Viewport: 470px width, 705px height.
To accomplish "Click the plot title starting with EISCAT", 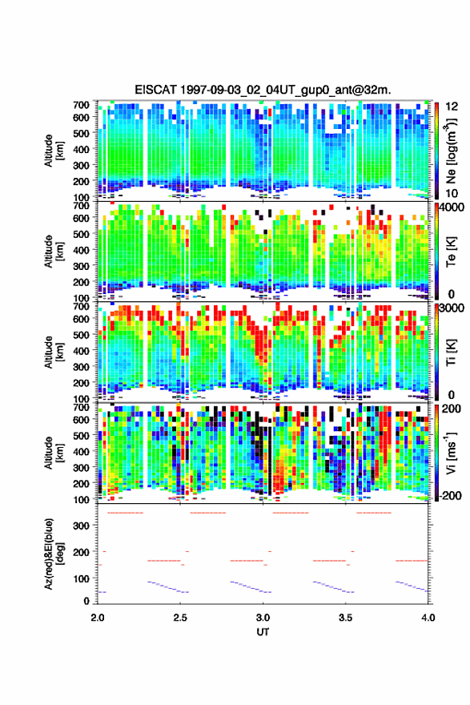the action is click(x=263, y=90).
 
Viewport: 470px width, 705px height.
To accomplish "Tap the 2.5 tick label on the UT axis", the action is click(x=180, y=618).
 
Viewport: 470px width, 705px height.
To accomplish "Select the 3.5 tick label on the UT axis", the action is click(x=346, y=618).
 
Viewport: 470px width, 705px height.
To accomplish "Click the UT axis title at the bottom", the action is click(x=263, y=632).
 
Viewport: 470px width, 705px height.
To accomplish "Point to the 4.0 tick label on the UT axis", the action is click(x=428, y=618).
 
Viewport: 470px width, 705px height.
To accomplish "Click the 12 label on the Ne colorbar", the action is click(x=452, y=107).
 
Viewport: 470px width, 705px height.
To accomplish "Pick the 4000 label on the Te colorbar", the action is click(x=455, y=207).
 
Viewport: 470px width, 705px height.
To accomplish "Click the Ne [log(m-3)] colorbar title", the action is click(x=451, y=151).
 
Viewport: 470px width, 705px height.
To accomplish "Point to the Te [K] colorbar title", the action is click(x=451, y=252).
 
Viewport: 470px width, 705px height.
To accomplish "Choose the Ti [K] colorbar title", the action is click(x=451, y=352).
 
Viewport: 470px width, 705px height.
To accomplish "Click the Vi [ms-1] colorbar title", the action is click(x=451, y=453).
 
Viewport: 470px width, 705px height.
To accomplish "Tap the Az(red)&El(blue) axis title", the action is click(x=54, y=554).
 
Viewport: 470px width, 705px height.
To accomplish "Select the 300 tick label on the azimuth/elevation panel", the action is click(x=82, y=526).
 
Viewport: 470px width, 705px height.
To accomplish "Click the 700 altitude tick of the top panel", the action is click(x=82, y=105).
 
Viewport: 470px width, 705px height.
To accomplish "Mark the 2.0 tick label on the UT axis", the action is click(x=98, y=618).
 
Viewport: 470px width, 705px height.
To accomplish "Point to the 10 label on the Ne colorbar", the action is click(x=452, y=193).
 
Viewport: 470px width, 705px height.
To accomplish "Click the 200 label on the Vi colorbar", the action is click(x=452, y=409).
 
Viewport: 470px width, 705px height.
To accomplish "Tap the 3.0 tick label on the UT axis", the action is click(x=263, y=618).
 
